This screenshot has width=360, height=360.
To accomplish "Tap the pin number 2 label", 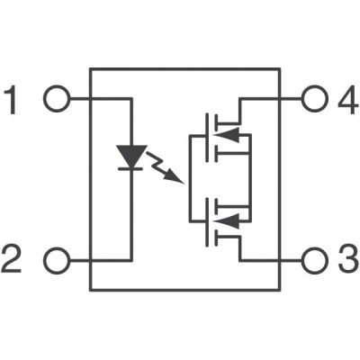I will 13,261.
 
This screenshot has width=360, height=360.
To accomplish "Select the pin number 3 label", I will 346,261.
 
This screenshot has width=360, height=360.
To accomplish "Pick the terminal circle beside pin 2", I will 56,261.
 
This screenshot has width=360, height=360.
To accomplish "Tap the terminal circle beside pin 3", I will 313,261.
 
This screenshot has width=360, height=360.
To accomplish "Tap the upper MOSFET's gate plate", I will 208,136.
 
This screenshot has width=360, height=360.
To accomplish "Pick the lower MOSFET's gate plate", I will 208,220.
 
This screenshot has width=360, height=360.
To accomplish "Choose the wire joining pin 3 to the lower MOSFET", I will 270,261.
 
